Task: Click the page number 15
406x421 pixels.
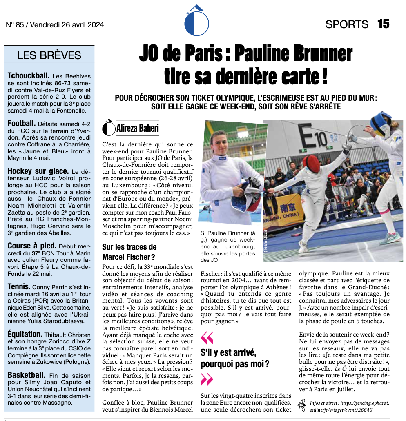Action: (x=383, y=24)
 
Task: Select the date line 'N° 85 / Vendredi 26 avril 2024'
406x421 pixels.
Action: (x=55, y=25)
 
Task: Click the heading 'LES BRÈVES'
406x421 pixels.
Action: (x=49, y=55)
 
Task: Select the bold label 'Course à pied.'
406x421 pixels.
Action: (x=32, y=246)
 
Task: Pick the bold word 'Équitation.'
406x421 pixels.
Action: (x=25, y=335)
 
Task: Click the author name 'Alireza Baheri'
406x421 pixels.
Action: (x=137, y=128)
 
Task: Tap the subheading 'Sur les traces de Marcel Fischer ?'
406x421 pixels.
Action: (x=129, y=252)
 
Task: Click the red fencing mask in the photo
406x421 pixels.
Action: (x=311, y=162)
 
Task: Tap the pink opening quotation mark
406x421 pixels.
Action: (x=207, y=337)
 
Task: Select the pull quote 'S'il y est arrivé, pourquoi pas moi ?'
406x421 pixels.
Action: (x=235, y=358)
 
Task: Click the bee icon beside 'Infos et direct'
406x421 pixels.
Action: (x=302, y=404)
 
